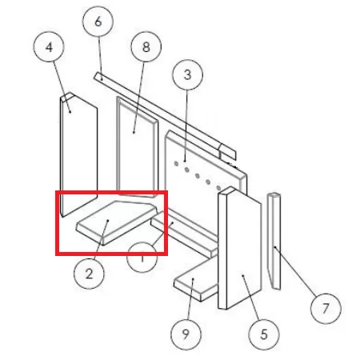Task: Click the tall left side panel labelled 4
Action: point(78,154)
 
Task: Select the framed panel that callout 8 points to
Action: point(138,147)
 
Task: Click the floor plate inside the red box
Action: point(116,222)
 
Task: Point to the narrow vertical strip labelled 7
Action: point(274,241)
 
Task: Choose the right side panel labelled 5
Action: point(239,248)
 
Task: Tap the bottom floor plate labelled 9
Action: point(196,282)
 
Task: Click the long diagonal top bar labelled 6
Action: point(165,117)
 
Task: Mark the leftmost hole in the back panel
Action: point(176,164)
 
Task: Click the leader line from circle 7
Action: point(295,271)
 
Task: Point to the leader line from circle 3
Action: point(186,126)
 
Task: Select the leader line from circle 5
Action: point(250,298)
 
